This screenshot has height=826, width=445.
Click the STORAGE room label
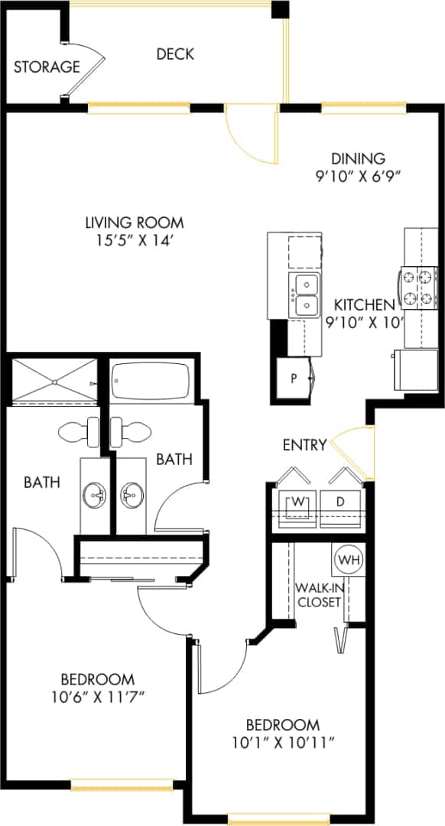point(47,67)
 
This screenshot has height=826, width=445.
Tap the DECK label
point(175,54)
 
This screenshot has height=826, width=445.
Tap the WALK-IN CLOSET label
point(317,594)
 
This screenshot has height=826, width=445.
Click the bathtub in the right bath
point(150,381)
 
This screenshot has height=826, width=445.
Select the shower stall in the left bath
point(51,379)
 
